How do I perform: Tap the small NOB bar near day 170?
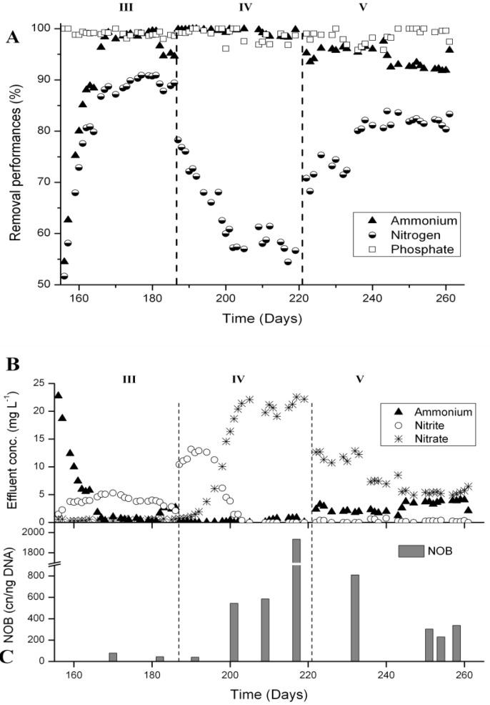[113, 656]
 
